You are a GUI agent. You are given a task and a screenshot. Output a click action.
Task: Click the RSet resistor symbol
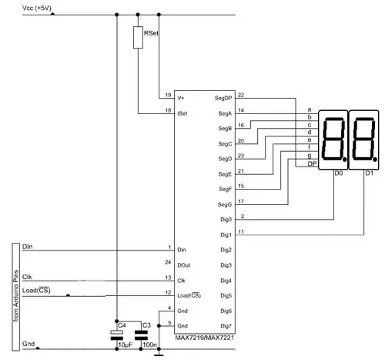click(138, 39)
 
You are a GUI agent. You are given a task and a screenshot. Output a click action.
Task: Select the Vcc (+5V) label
click(18, 8)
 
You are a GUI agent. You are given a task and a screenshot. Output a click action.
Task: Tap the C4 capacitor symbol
click(117, 335)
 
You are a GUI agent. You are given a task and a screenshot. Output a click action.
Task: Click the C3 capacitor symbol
click(140, 335)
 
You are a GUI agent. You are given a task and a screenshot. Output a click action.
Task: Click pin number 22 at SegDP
click(241, 95)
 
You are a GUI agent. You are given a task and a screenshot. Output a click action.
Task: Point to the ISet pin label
click(183, 113)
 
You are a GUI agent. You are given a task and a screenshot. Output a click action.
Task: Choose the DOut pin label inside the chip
click(185, 265)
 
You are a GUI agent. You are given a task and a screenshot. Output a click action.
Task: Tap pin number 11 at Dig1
click(241, 231)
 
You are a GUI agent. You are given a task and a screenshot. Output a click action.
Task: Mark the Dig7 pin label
click(226, 325)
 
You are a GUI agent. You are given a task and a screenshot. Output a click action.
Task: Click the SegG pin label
click(225, 204)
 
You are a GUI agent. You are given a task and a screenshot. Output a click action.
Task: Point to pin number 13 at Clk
click(168, 278)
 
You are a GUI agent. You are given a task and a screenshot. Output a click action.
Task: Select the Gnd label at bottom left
click(28, 343)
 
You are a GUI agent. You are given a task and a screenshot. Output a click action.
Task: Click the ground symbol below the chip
click(159, 354)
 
